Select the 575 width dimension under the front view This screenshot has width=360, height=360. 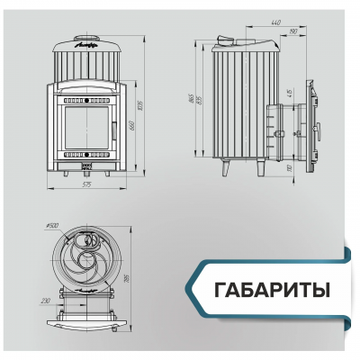[x=86, y=185]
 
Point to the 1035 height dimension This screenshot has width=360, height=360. [x=142, y=109]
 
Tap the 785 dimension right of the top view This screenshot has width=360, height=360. [x=130, y=279]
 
